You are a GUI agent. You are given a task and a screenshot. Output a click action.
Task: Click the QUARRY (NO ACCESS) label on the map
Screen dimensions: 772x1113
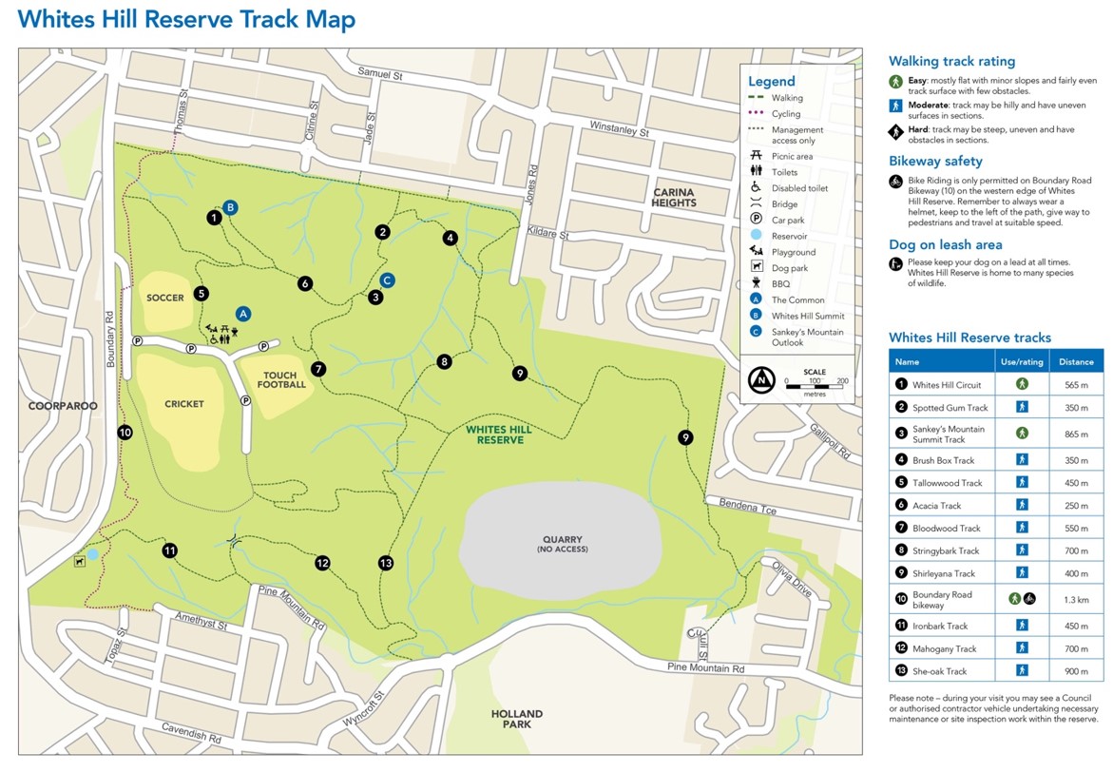[561, 545]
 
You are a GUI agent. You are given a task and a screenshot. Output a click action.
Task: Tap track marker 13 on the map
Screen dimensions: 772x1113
[385, 563]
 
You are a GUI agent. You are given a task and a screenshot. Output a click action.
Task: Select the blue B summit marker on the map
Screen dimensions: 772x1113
[230, 207]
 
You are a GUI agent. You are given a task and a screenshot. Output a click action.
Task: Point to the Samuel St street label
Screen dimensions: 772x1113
[380, 73]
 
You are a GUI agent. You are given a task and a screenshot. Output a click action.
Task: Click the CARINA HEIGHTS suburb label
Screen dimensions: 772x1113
[674, 197]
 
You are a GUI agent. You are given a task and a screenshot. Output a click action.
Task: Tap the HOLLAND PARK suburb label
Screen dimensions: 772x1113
[517, 719]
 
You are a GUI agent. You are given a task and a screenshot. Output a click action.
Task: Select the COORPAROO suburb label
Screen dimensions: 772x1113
[63, 406]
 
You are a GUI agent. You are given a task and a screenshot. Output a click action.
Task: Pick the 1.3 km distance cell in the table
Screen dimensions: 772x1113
[1076, 600]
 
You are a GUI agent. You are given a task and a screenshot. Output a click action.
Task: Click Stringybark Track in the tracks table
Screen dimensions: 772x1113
[946, 550]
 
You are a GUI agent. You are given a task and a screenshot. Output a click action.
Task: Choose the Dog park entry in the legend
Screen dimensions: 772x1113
[788, 268]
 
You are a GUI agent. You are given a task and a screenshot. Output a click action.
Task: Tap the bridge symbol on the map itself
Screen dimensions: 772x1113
[234, 541]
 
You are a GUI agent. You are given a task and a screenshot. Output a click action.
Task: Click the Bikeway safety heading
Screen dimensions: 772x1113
[935, 162]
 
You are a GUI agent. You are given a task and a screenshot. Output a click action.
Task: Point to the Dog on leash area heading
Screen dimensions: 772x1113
[945, 245]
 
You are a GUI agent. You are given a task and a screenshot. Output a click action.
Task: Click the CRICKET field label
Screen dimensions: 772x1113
[184, 404]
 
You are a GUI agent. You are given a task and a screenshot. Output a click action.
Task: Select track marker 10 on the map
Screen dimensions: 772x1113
[125, 433]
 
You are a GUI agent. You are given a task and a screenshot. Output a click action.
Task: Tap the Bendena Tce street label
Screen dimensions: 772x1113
[747, 506]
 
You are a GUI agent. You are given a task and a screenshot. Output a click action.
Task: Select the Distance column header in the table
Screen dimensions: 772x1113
[1076, 361]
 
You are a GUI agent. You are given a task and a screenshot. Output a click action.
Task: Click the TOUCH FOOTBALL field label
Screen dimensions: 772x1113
[281, 380]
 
